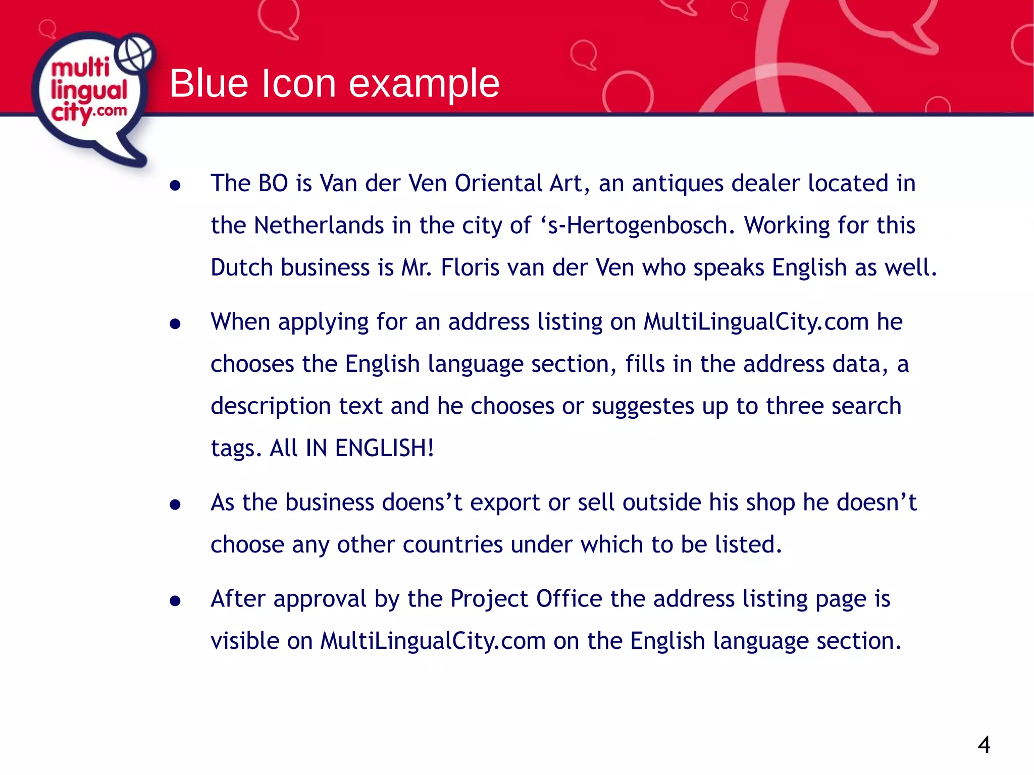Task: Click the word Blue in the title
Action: point(209,83)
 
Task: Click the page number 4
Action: point(984,745)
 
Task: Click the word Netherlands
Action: point(319,226)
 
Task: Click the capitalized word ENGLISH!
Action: point(384,448)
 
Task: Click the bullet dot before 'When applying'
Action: point(175,323)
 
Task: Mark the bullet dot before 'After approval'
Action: point(175,600)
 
